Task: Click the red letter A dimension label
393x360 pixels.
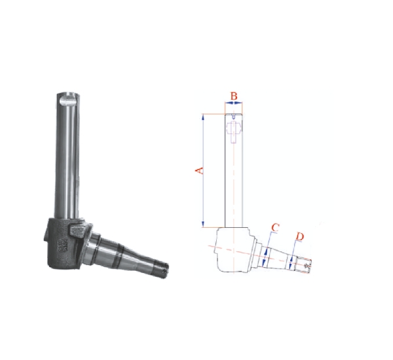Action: (200, 171)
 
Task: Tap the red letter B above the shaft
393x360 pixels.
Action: (234, 96)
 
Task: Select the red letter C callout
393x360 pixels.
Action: (275, 228)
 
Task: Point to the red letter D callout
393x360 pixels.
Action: (300, 236)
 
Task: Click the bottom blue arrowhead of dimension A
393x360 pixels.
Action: (204, 225)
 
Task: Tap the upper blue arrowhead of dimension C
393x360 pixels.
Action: (267, 251)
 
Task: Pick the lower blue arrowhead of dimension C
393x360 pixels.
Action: (263, 263)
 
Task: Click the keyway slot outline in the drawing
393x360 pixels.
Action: (234, 132)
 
